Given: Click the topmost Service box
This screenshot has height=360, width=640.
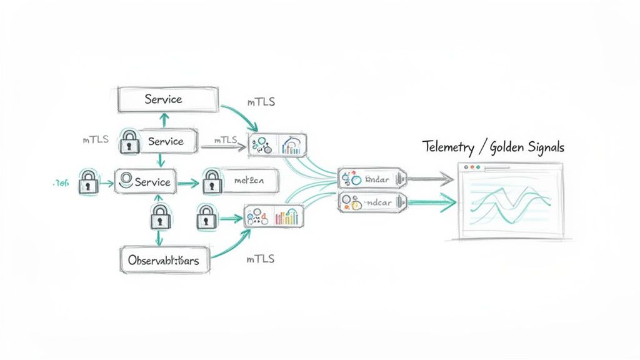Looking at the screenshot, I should tap(169, 99).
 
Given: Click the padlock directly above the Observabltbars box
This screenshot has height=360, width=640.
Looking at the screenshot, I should tap(159, 216).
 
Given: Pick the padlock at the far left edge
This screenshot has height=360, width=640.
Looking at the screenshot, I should tap(88, 182).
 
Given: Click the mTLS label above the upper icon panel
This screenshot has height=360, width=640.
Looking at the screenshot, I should tap(261, 102).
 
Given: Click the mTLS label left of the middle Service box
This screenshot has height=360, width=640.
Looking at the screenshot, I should tap(96, 140).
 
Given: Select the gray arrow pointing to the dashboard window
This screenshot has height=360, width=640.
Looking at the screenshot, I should tap(431, 180).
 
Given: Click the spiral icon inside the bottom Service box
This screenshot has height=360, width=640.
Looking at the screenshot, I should tap(125, 181).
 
